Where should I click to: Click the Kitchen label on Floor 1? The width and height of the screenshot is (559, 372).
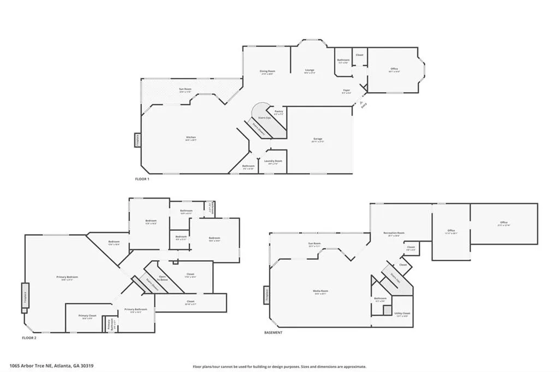tap(191, 137)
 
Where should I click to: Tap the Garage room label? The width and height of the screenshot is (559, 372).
tap(317, 139)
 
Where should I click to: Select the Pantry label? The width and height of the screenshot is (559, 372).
tap(278, 111)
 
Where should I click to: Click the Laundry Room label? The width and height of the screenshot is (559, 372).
tap(273, 161)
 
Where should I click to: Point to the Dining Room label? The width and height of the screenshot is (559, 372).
tap(267, 71)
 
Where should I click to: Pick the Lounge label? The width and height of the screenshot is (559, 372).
tap(310, 71)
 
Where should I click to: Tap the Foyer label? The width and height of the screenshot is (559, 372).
tap(346, 91)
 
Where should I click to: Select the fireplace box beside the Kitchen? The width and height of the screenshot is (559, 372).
tap(137, 140)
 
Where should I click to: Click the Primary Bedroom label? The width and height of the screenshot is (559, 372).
tap(68, 277)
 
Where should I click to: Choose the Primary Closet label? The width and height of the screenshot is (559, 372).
tap(87, 316)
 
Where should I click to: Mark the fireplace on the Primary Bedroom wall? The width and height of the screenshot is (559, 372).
tap(24, 297)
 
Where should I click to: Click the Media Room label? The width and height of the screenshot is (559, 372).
tap(320, 291)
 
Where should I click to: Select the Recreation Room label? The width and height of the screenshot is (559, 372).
tap(394, 233)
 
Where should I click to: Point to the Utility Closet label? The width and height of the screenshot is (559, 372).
tap(402, 314)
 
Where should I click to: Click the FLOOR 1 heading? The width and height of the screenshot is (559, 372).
tap(142, 179)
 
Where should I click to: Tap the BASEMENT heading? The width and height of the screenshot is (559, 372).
tap(273, 332)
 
